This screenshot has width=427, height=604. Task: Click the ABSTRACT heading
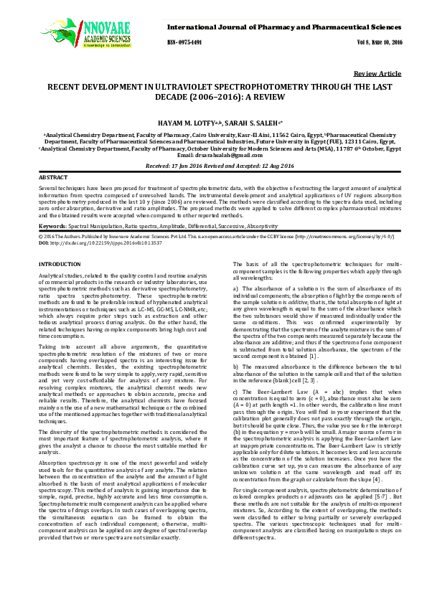(x=52, y=176)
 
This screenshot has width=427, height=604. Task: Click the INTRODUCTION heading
(x=60, y=265)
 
